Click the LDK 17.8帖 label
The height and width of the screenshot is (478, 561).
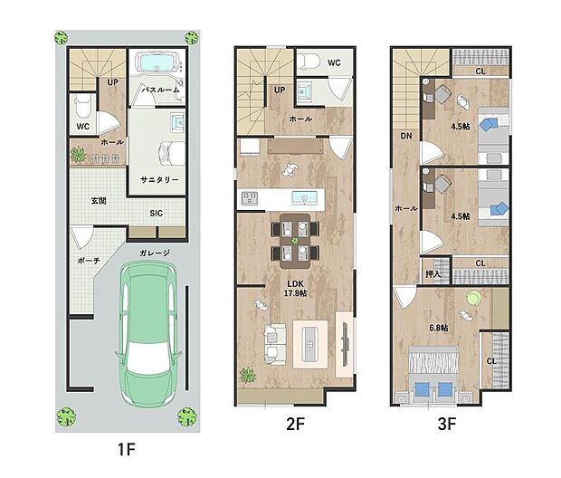click(293, 287)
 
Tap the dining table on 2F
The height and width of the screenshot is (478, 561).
click(293, 242)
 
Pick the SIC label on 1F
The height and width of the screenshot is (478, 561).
click(157, 215)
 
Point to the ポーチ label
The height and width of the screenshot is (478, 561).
click(89, 262)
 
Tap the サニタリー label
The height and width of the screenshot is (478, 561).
click(159, 180)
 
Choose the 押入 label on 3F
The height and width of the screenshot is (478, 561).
click(433, 273)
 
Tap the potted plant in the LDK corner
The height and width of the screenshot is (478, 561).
click(246, 374)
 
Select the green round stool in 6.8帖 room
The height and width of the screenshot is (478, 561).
click(471, 297)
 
